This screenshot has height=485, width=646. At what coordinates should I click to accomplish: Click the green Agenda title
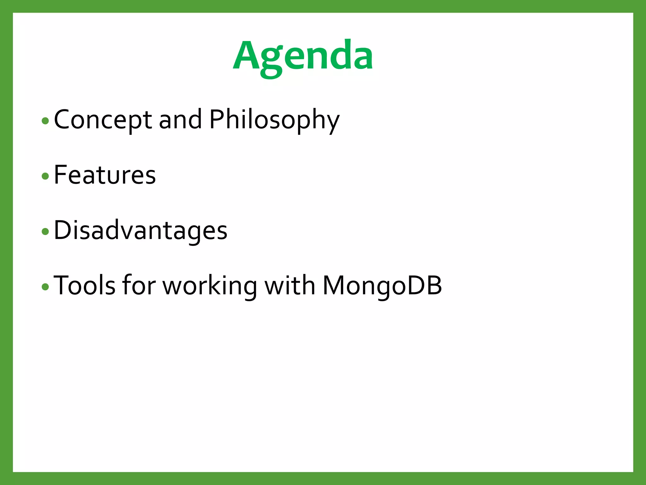pos(303,57)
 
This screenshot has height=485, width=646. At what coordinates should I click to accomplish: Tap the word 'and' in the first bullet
pos(180,120)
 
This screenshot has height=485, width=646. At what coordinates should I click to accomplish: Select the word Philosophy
pos(274,120)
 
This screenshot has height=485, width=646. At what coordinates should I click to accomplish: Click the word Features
pos(105,175)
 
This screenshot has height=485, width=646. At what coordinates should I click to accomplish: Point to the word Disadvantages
pos(140,231)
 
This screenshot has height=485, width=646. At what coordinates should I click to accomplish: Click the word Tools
pos(85,286)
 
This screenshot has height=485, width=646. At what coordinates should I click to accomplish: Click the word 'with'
pos(290,286)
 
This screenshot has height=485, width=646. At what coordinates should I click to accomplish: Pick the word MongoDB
pos(382,286)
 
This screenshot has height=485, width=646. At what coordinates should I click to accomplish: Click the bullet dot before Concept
pos(45,121)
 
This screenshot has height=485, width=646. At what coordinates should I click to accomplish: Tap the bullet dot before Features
pos(45,176)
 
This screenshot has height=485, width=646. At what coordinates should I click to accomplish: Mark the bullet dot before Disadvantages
pos(45,231)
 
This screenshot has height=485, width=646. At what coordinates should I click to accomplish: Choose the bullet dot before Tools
pos(45,287)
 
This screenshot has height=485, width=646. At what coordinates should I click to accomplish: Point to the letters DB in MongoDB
pos(425,286)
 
